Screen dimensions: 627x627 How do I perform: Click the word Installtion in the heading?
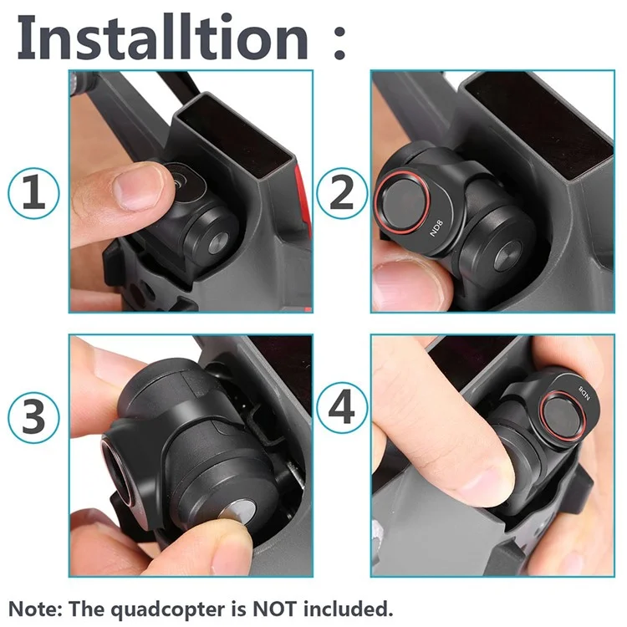163,37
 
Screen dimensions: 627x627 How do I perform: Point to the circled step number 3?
34,417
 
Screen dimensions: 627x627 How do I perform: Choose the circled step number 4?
342,408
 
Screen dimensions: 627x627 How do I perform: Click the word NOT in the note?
274,609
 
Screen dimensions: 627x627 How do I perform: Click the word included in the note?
346,609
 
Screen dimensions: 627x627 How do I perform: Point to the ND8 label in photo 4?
584,393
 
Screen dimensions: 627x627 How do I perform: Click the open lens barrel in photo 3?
117,470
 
